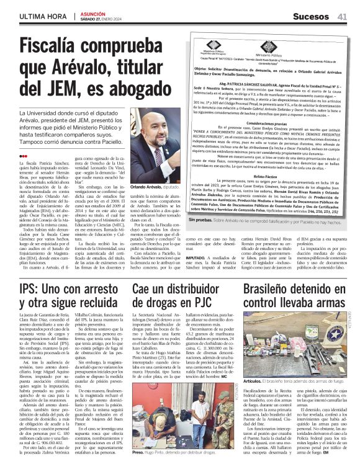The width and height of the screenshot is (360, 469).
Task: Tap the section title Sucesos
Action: [303, 17]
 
